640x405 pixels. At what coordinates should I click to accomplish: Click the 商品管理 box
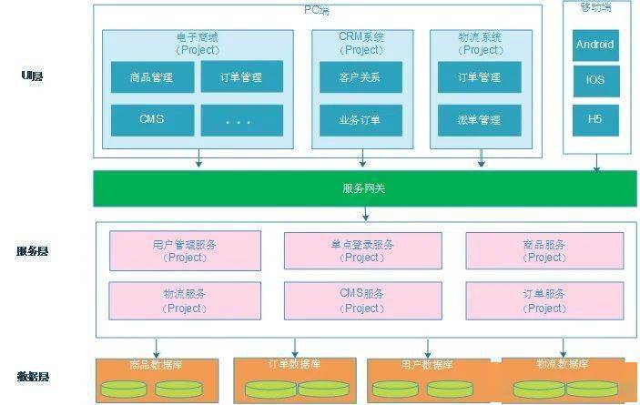point(153,77)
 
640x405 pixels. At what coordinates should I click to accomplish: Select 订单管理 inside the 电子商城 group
point(241,77)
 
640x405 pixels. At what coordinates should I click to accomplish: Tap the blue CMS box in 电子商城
point(153,119)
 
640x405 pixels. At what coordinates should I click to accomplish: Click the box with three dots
point(241,119)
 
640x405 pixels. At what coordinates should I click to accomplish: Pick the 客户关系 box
point(361,77)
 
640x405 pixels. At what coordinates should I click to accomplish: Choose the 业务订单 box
point(361,119)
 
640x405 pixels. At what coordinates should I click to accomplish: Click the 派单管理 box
point(479,119)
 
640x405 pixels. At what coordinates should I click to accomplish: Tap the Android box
point(595,45)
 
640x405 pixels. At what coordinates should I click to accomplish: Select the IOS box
point(595,80)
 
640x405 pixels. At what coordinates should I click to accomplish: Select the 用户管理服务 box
point(185,250)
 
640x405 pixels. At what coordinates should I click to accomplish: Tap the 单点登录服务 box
point(362,250)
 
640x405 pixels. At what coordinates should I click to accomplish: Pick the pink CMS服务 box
point(362,300)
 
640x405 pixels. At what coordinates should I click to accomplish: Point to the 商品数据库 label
point(152,365)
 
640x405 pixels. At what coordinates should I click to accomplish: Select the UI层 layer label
point(32,76)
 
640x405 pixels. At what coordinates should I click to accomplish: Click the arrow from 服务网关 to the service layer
point(365,214)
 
